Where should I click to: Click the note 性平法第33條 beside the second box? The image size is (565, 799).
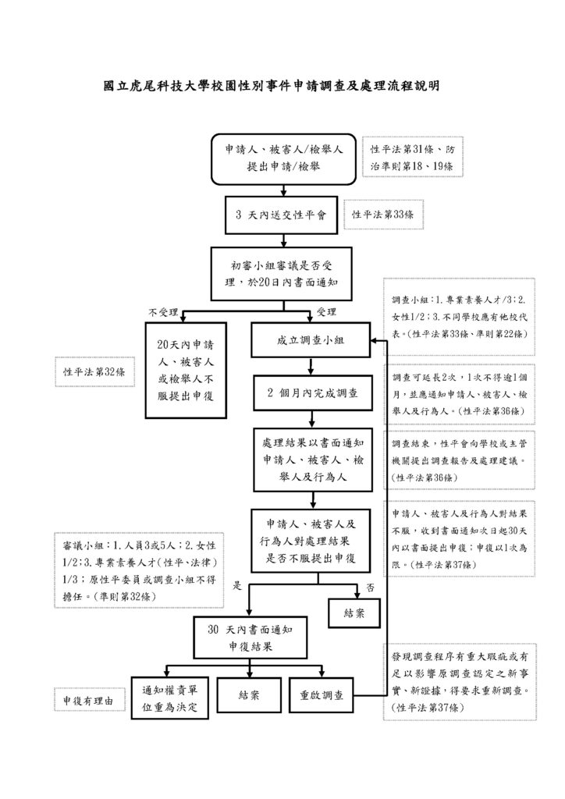pyautogui.click(x=382, y=214)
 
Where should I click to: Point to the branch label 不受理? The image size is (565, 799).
pyautogui.click(x=164, y=312)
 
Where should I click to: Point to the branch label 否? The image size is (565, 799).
pyautogui.click(x=369, y=585)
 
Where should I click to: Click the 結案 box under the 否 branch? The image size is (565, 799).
pyautogui.click(x=354, y=613)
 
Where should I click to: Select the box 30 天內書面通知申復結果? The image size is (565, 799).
pyautogui.click(x=247, y=639)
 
